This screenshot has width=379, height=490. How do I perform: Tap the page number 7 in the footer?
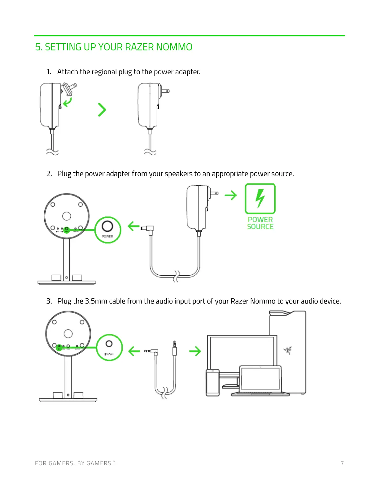[342, 463]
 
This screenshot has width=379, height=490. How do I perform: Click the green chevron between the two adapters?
[102, 110]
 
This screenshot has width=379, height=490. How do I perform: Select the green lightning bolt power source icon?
[260, 199]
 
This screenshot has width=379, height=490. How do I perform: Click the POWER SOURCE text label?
[260, 223]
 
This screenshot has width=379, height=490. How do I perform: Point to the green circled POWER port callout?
[107, 230]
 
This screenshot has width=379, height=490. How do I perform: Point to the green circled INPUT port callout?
[109, 347]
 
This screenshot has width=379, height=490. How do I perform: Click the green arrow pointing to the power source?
[231, 195]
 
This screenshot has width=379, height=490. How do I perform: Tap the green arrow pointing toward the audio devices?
[195, 351]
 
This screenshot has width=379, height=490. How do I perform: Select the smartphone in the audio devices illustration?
[213, 383]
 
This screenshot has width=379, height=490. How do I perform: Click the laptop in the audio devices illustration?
[261, 381]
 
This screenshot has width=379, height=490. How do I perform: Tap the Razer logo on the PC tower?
[288, 350]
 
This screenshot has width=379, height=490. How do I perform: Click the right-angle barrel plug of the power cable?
[148, 229]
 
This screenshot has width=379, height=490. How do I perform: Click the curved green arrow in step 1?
[68, 102]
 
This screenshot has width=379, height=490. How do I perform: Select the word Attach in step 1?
[68, 72]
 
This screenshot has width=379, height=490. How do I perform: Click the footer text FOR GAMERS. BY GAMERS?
[74, 463]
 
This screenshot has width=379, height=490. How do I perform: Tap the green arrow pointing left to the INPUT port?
[134, 351]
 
